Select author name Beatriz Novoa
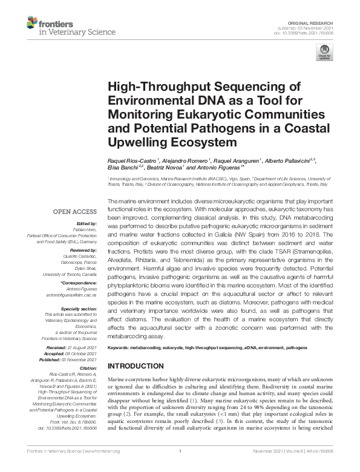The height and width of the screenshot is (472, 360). tap(163, 168)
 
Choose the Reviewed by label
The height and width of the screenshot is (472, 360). tap(83, 249)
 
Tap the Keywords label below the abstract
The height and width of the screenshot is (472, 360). tap(119, 348)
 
